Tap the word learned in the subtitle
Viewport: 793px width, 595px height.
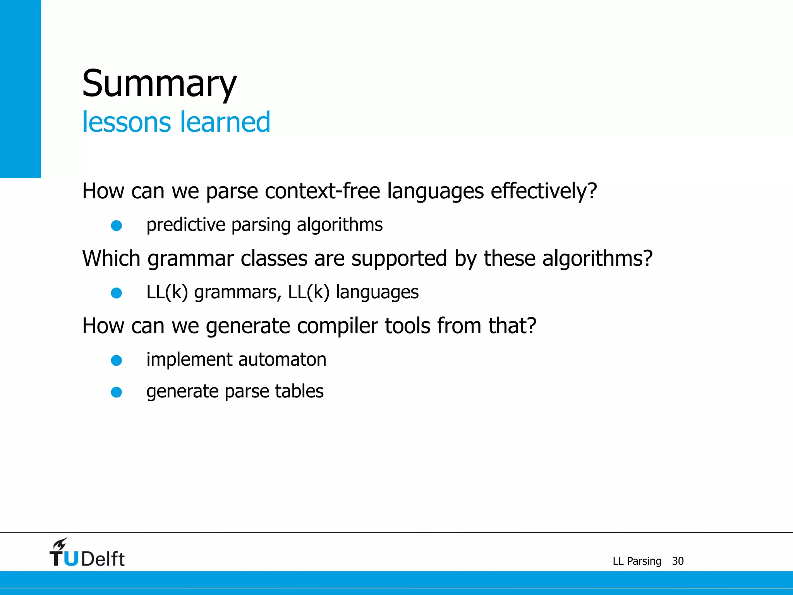click(x=225, y=122)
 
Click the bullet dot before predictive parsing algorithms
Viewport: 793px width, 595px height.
click(x=117, y=225)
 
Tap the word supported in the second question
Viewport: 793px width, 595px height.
click(x=399, y=258)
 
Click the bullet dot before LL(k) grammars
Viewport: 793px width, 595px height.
click(x=117, y=293)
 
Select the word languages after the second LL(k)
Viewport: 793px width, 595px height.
click(x=377, y=292)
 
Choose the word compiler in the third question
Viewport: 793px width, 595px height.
click(x=337, y=326)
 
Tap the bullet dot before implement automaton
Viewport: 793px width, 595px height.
click(x=117, y=361)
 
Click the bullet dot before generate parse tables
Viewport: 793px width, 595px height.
click(x=117, y=392)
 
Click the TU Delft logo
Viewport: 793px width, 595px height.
click(x=87, y=553)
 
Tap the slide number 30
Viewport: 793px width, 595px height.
click(x=678, y=561)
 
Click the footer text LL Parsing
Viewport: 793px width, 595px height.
click(x=637, y=561)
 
